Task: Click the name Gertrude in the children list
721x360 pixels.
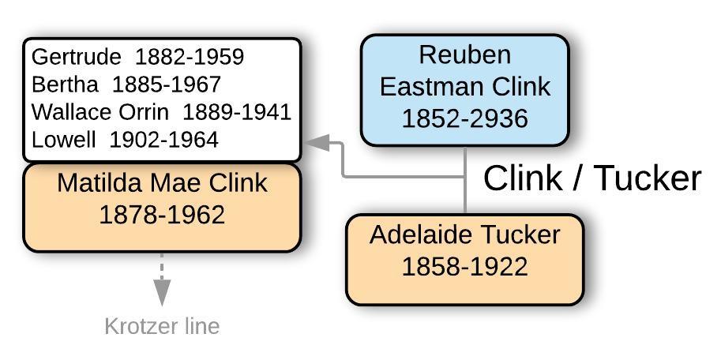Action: coord(76,58)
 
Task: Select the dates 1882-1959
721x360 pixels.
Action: coord(190,58)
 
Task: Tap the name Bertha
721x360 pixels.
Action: coord(65,84)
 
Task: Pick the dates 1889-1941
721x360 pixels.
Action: coord(237,112)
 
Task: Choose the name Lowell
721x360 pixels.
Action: coord(63,140)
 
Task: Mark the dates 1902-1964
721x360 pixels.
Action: coord(163,140)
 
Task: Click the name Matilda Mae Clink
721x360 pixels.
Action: coord(162,183)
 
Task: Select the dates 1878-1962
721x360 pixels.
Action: coord(162,215)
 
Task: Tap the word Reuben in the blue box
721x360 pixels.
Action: coord(464,55)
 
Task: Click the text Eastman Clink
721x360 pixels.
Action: coord(464,86)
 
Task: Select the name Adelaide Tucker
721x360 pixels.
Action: coord(464,234)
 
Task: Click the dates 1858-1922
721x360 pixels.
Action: coord(464,267)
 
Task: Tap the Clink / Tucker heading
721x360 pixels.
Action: coord(591,178)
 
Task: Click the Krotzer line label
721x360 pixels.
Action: coord(162,326)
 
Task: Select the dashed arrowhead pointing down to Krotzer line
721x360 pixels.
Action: coord(162,295)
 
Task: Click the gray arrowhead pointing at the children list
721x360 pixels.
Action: coord(317,143)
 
